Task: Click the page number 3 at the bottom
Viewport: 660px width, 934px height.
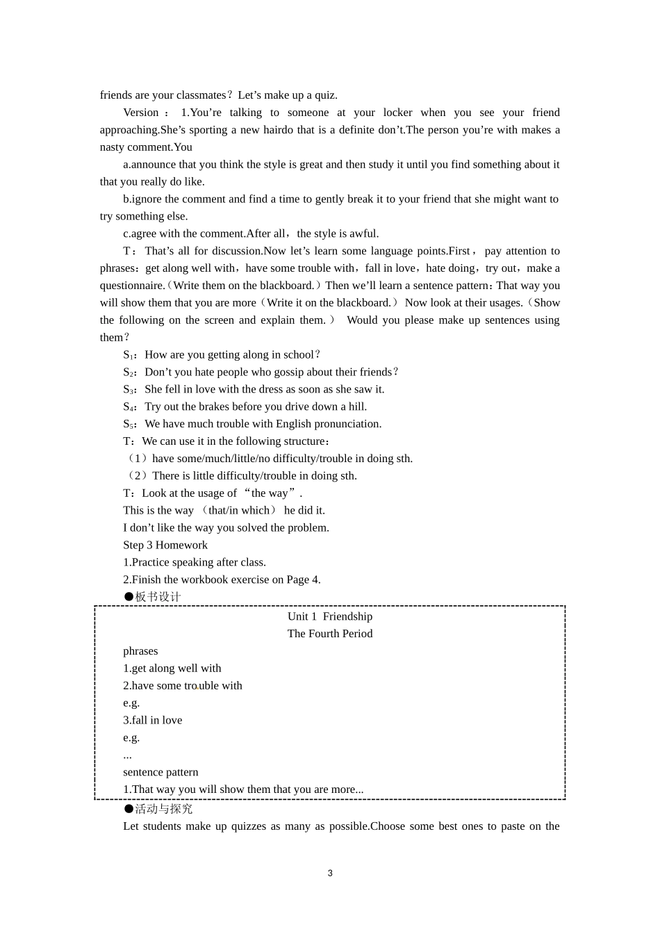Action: [x=330, y=873]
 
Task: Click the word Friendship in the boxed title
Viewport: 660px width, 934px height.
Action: [x=347, y=616]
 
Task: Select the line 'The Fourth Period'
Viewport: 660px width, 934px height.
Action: [x=330, y=634]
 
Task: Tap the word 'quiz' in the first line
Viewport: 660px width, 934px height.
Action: [x=325, y=95]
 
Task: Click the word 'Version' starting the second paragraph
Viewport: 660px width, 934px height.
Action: [x=141, y=113]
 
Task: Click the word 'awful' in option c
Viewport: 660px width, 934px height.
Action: [x=363, y=233]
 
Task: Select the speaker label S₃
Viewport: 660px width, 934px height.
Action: [x=130, y=390]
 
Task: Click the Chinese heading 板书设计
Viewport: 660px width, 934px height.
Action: [x=158, y=597]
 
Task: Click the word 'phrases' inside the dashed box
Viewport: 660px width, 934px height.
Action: [x=140, y=651]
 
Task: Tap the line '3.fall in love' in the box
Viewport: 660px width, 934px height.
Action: [x=153, y=721]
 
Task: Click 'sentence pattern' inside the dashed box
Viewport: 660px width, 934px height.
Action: [x=160, y=772]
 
